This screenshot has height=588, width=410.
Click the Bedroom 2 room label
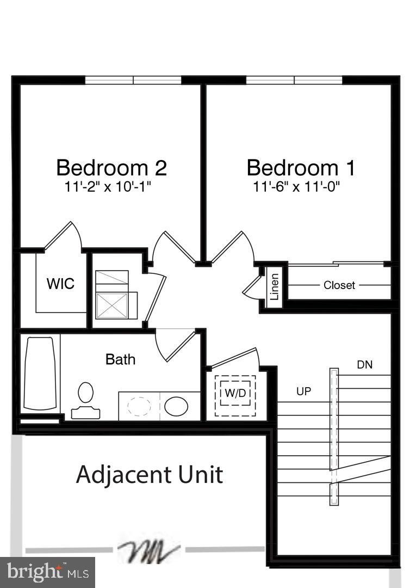tap(111, 168)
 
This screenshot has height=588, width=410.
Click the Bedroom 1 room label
tap(301, 168)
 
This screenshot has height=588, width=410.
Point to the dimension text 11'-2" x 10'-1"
tap(107, 187)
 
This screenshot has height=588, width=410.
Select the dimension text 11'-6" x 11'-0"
tap(296, 187)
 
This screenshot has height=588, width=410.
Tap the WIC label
tap(60, 284)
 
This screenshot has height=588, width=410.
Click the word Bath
tap(120, 359)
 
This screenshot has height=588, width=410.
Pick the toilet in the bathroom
tap(85, 400)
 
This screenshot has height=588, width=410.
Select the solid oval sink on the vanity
tap(176, 406)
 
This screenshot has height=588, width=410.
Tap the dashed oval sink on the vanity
tap(140, 406)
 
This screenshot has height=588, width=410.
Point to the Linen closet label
tap(274, 287)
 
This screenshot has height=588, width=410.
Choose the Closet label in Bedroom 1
tap(339, 285)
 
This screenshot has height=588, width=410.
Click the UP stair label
tap(303, 391)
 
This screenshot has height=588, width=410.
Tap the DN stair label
tap(365, 365)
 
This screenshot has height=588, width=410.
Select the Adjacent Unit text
tap(150, 474)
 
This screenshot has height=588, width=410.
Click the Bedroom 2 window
tap(133, 80)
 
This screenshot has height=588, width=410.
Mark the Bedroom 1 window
tap(294, 80)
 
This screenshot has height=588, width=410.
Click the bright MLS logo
tap(47, 572)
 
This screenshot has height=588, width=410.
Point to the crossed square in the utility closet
tap(112, 305)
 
